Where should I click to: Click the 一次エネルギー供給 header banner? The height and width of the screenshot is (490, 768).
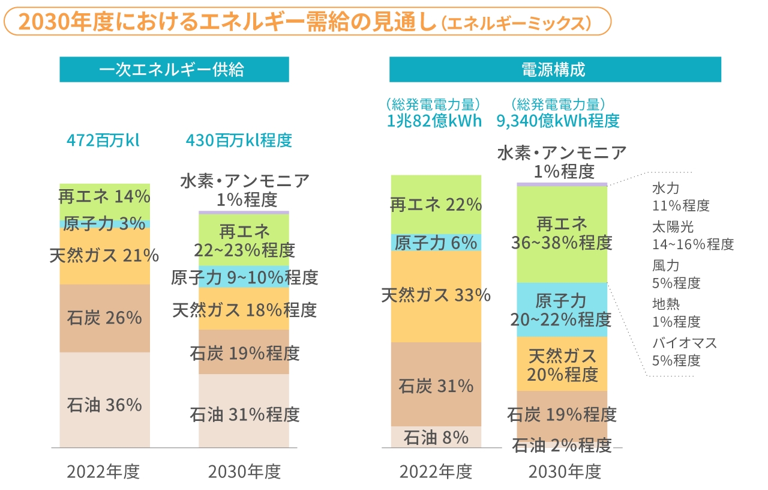click(174, 69)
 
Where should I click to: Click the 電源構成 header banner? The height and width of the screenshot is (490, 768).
click(554, 69)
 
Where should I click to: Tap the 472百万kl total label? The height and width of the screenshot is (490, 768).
click(103, 141)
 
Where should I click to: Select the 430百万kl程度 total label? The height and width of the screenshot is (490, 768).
click(239, 141)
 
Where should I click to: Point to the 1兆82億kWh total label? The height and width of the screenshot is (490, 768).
click(434, 121)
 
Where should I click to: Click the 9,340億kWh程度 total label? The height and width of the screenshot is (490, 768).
click(558, 121)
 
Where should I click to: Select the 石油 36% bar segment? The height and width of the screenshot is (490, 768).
click(105, 404)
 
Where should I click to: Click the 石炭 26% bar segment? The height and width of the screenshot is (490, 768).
click(105, 318)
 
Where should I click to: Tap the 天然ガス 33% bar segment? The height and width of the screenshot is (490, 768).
click(436, 295)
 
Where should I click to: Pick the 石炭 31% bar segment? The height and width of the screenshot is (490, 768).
click(436, 386)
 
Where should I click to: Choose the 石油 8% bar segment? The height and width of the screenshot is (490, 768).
click(436, 437)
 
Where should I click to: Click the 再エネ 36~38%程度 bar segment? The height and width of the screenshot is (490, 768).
click(562, 234)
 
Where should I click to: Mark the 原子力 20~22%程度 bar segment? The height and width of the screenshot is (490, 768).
click(562, 310)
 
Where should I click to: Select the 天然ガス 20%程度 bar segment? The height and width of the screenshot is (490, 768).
click(562, 364)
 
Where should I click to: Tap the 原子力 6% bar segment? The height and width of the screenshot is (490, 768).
click(436, 243)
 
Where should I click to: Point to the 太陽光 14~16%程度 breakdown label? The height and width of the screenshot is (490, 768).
click(692, 236)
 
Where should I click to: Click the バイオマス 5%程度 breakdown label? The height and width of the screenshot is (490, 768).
click(684, 352)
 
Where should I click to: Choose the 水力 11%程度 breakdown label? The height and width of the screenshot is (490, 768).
click(680, 198)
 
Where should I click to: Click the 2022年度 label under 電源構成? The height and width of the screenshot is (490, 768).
click(436, 471)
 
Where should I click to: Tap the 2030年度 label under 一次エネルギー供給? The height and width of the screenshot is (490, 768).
click(244, 471)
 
